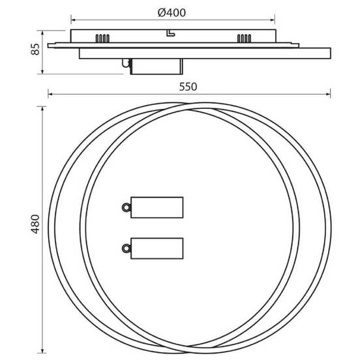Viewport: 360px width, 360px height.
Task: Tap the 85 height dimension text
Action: tap(36, 49)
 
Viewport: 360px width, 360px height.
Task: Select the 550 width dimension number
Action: tap(188, 86)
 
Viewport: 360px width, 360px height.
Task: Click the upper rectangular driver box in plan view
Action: tap(157, 207)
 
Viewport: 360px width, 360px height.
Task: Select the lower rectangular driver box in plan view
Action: tap(157, 248)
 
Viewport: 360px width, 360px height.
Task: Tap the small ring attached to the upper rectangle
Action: tap(124, 207)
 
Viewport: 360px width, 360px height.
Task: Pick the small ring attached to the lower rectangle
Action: tap(124, 248)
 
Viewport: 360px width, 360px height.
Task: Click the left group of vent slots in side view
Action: tap(102, 38)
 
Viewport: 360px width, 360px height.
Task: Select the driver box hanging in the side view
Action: tap(155, 66)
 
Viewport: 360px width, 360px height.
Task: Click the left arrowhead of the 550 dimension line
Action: tap(50, 95)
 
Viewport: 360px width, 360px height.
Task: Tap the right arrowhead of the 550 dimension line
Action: tap(327, 95)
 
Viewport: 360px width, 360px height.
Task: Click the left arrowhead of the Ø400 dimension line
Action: tap(72, 20)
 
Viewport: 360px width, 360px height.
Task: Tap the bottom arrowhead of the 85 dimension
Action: tap(43, 72)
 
